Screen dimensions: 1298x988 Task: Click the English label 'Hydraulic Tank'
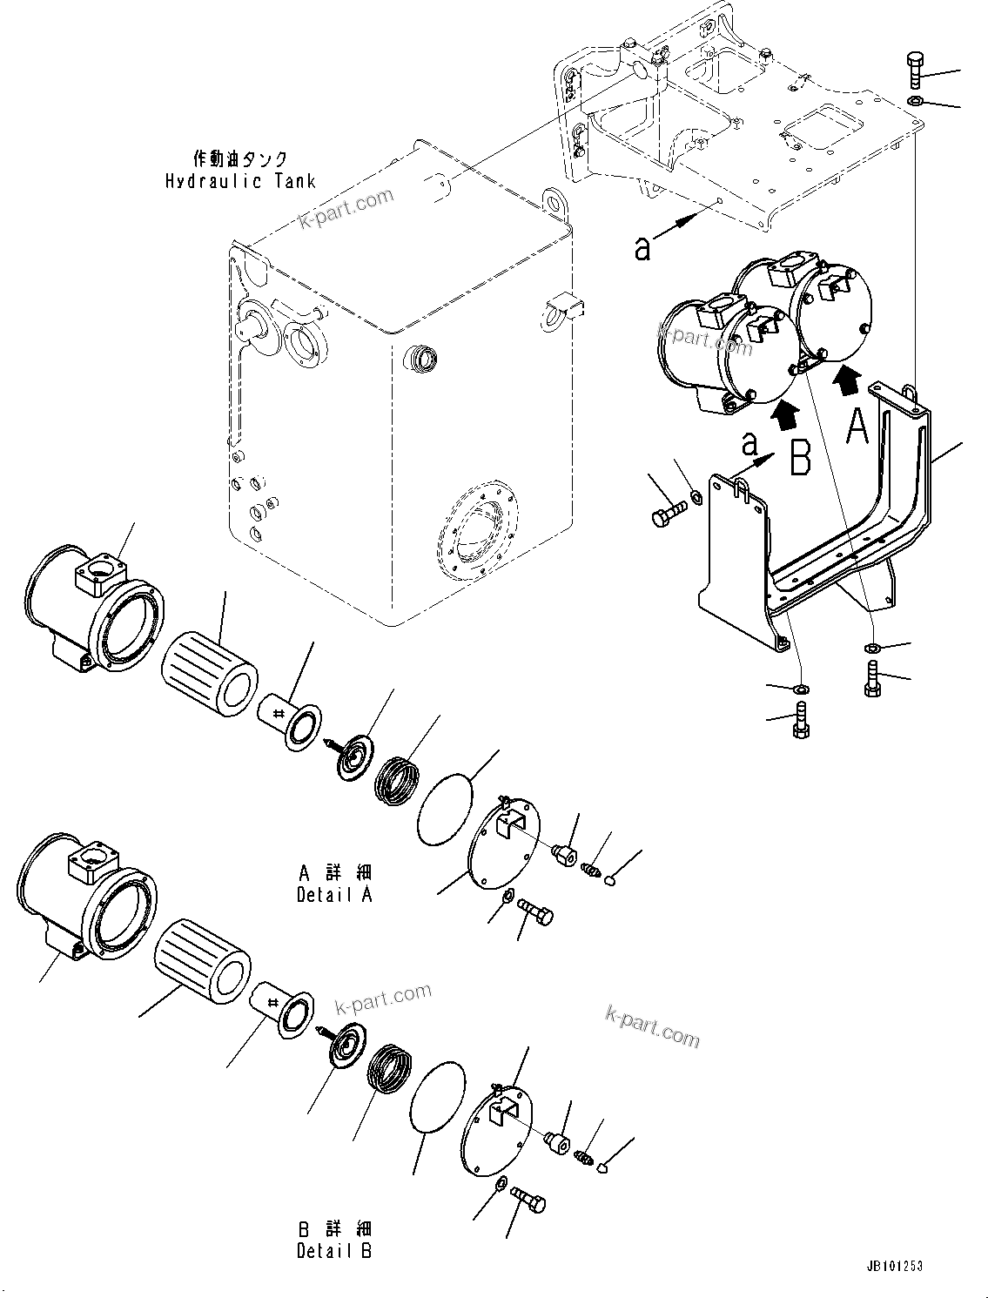point(240,181)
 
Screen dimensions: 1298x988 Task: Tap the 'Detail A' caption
point(334,895)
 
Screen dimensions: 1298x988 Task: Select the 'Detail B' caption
point(334,1251)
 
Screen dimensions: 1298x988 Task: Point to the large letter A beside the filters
point(857,427)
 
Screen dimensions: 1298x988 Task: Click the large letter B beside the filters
point(800,457)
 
